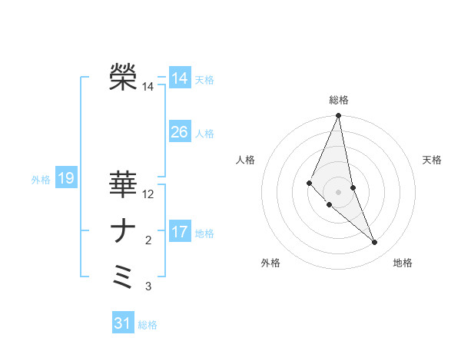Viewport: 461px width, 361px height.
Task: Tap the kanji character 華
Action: coord(124,184)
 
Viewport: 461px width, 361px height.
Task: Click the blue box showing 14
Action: coord(180,78)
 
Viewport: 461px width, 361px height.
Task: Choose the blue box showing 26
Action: coord(180,132)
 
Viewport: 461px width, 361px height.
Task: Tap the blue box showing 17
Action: coord(180,231)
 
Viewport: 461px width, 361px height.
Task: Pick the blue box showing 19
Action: coord(65,179)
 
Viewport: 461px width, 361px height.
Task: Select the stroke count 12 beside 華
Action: coord(148,194)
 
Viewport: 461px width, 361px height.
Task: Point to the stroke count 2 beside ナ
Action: coord(148,241)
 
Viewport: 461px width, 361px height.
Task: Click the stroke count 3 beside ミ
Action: coord(148,287)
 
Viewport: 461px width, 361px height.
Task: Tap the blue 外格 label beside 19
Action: coord(41,180)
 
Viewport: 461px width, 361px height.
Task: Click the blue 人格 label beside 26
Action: coord(204,134)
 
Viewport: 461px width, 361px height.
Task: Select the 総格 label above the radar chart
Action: coord(339,100)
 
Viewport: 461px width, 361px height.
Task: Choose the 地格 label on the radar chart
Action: coord(403,263)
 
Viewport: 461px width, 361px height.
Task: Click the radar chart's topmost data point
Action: coord(339,116)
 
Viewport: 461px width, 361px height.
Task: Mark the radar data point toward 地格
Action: coord(374,243)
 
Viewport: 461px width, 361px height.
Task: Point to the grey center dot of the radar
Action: coord(339,191)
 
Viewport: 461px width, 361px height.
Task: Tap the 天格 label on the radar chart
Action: coord(433,160)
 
